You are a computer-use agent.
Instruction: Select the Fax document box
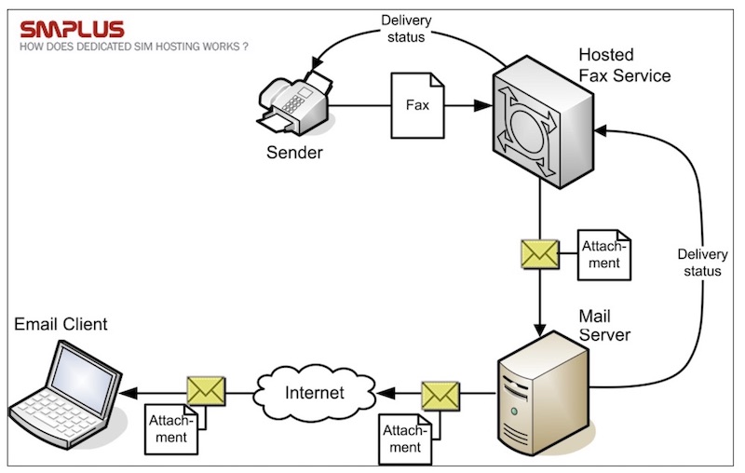[418, 106]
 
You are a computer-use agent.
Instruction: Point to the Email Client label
[61, 325]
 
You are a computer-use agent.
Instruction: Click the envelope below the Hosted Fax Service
[540, 252]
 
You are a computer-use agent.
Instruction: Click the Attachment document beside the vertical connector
[604, 255]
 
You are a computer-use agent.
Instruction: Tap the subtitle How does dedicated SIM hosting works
[133, 46]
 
